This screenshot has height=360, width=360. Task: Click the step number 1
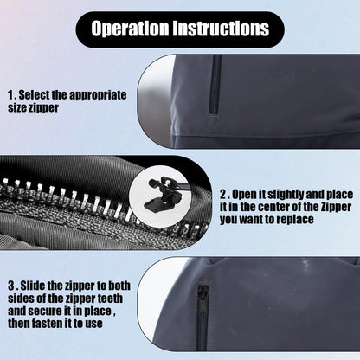pos(10,94)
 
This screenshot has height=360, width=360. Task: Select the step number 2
pos(222,194)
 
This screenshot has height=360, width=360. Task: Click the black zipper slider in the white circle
pos(157,198)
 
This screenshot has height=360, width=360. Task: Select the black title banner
pos(179,29)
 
